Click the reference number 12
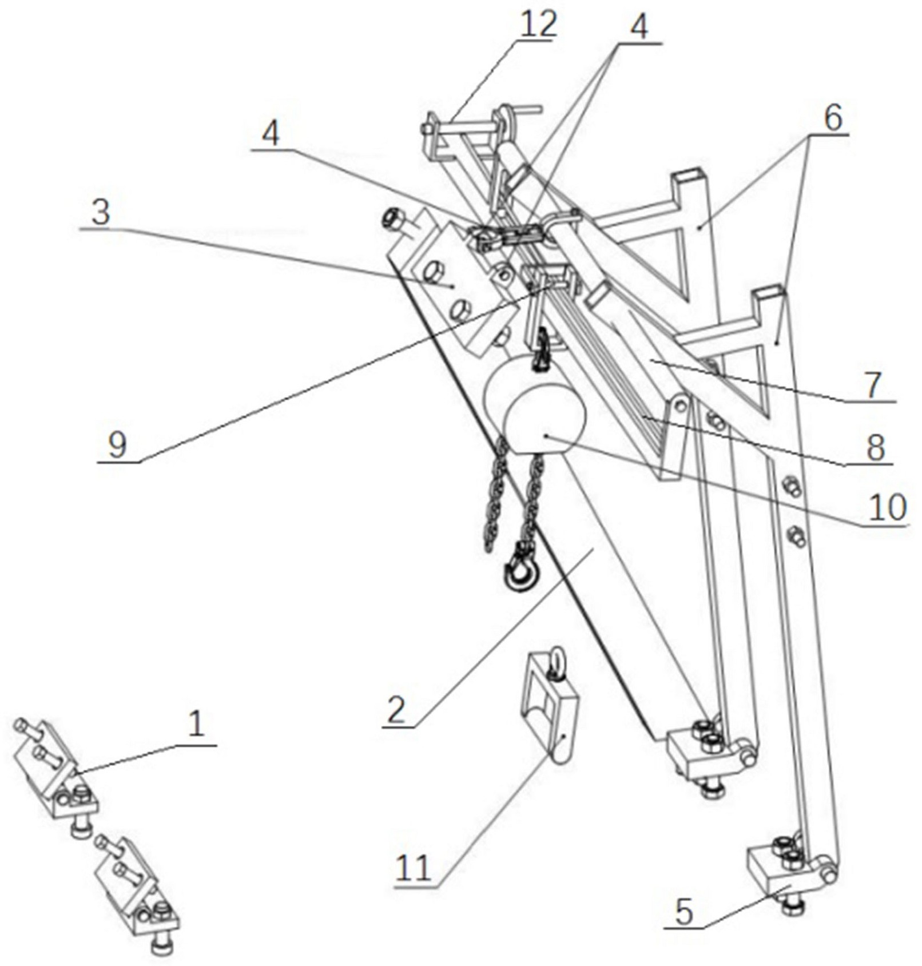pos(537,24)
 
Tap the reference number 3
pos(101,213)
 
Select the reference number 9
pos(117,444)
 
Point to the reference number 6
pos(832,118)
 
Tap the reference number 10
pos(887,507)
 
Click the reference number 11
pos(413,869)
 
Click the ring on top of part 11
pos(556,661)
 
